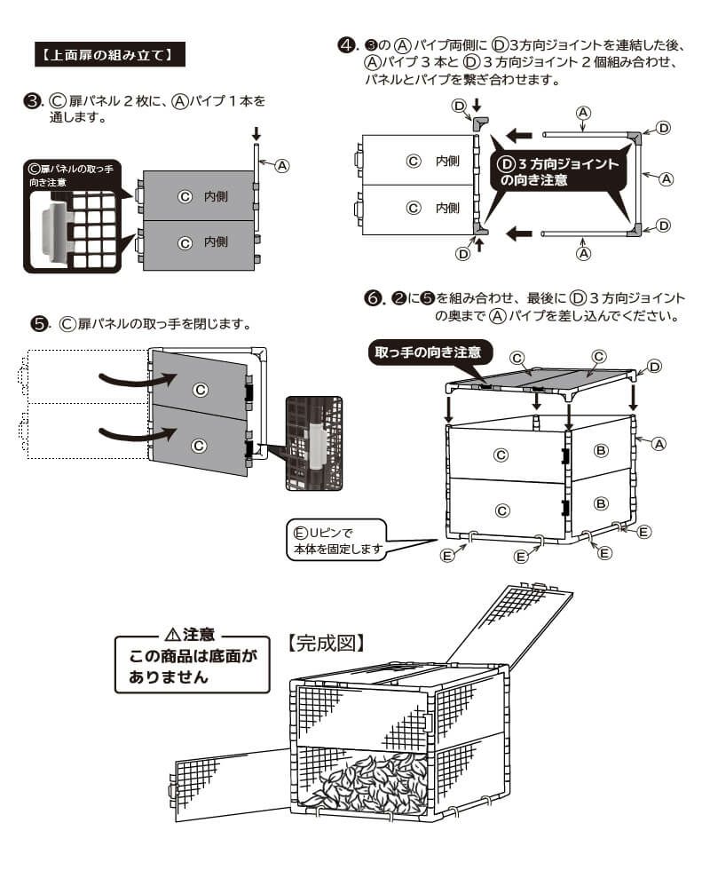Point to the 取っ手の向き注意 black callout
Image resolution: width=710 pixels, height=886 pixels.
coord(428,352)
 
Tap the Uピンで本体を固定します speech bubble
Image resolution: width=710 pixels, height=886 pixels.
coord(338,541)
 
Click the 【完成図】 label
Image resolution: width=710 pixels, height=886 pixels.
coord(327,641)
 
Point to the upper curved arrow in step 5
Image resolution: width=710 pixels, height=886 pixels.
coord(133,379)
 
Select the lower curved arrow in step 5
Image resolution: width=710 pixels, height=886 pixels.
coord(133,432)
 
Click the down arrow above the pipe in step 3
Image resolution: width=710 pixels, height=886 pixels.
coord(256,134)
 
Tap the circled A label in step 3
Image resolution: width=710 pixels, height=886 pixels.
coord(281,165)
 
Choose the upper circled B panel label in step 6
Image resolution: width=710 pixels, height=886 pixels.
coord(601,451)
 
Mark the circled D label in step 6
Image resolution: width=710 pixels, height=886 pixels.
coord(655,366)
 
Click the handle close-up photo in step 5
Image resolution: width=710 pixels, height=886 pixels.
coord(312,442)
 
